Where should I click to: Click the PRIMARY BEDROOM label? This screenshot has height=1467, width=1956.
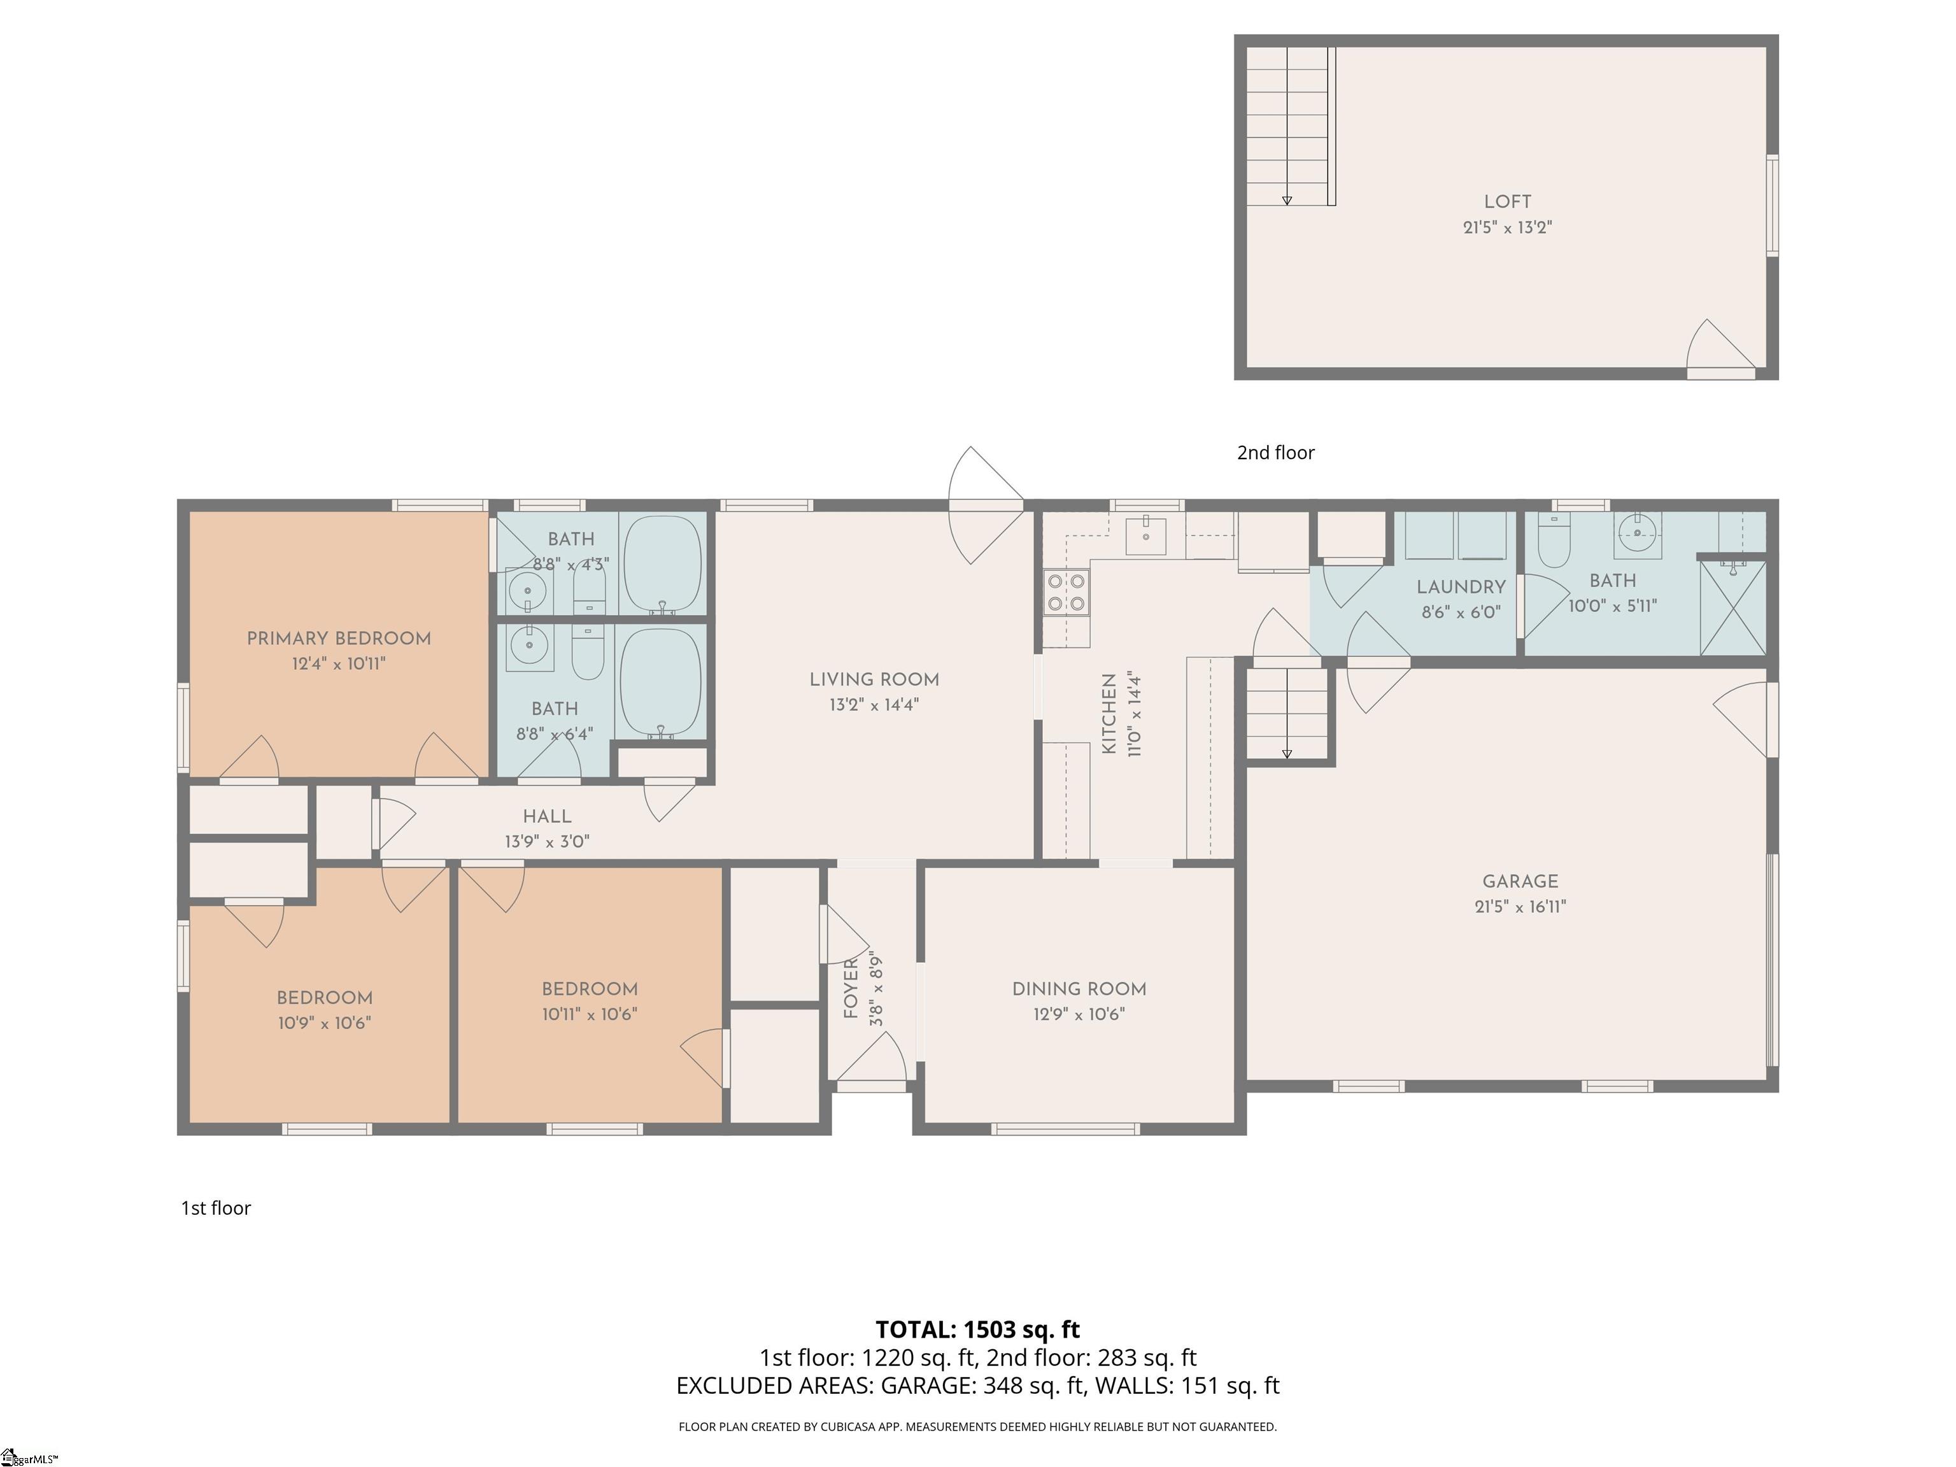click(339, 639)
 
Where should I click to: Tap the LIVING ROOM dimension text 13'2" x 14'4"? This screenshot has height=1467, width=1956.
click(874, 705)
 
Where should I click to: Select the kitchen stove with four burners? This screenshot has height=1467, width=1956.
click(1067, 592)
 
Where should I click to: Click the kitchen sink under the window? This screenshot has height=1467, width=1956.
click(1145, 536)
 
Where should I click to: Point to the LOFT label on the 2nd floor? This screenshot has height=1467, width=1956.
click(1508, 202)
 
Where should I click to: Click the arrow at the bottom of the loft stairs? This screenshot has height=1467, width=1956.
click(1287, 201)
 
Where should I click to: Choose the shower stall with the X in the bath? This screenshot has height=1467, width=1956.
click(1733, 608)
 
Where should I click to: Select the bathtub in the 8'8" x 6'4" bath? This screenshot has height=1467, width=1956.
click(660, 682)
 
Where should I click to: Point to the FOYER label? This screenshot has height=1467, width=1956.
click(851, 989)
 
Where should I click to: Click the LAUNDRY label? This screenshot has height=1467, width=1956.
click(1461, 586)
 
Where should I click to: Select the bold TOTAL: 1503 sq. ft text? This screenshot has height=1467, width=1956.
click(977, 1329)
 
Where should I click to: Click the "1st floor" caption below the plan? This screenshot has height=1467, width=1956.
click(216, 1208)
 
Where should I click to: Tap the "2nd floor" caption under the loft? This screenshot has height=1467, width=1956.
click(1275, 452)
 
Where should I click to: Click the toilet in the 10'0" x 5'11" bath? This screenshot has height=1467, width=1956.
click(1554, 541)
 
